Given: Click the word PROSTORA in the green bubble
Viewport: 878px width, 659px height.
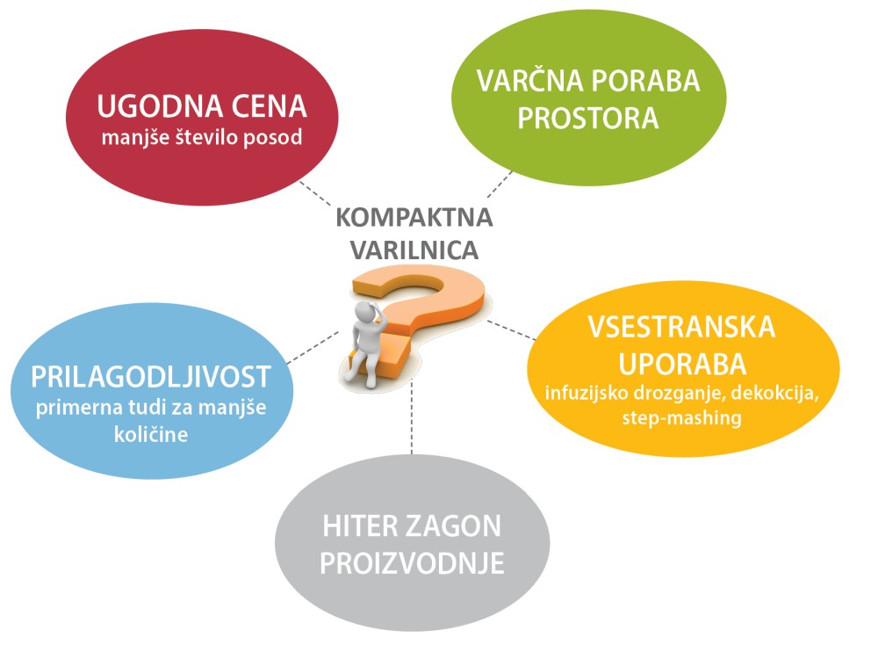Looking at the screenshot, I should tap(587, 117).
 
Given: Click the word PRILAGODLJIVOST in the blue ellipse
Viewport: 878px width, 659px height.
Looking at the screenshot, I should tap(150, 377).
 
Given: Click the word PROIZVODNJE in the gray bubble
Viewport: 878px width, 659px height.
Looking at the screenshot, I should tap(412, 563).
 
